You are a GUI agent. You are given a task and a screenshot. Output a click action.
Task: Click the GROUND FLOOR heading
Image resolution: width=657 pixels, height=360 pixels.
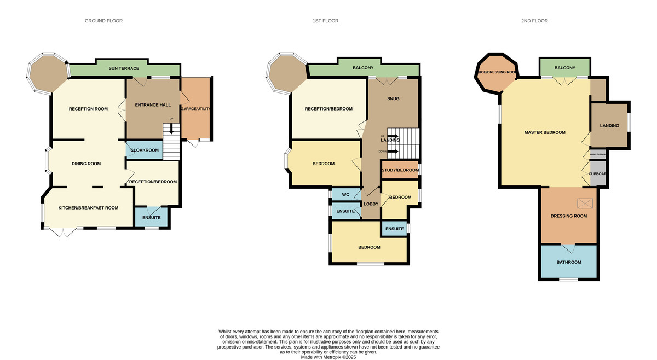point(103,21)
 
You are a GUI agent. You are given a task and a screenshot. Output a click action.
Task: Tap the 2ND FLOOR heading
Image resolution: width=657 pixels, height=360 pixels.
point(534,21)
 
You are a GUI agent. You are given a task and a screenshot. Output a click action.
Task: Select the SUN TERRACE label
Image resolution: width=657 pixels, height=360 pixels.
point(124,68)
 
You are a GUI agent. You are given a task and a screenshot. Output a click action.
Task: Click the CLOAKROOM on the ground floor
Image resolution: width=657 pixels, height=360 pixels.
point(145,150)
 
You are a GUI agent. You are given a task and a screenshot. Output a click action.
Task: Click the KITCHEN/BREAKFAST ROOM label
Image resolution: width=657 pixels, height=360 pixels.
point(89,208)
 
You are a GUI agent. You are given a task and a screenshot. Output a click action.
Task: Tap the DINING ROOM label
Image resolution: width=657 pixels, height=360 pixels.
point(87,164)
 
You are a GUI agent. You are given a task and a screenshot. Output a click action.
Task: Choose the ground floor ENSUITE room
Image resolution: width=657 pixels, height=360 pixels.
point(152,218)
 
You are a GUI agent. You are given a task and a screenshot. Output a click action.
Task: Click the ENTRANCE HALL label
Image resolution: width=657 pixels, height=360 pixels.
point(154,104)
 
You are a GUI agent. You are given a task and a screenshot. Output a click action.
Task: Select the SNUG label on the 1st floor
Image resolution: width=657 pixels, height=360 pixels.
point(393,99)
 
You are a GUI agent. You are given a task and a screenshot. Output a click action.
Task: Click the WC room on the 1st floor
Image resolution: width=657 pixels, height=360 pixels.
point(345,195)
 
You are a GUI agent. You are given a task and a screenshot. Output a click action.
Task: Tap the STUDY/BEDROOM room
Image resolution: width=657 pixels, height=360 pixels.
point(400,170)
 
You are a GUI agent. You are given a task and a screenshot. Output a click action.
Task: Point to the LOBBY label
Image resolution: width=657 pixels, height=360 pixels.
point(371,204)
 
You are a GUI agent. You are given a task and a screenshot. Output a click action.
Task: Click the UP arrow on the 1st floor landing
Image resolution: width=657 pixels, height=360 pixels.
point(392,136)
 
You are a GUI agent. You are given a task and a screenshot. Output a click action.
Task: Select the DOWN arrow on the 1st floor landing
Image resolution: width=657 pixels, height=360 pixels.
point(392,152)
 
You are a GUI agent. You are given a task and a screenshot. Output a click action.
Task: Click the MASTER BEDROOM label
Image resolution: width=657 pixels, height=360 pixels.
point(545,132)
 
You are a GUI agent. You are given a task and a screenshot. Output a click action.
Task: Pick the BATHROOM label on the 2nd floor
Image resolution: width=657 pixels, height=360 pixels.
point(569,262)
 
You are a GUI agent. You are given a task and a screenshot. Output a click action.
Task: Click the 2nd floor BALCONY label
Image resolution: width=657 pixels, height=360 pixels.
point(564,68)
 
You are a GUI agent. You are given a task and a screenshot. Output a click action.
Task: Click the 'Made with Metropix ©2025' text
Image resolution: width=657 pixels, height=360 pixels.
point(328,357)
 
